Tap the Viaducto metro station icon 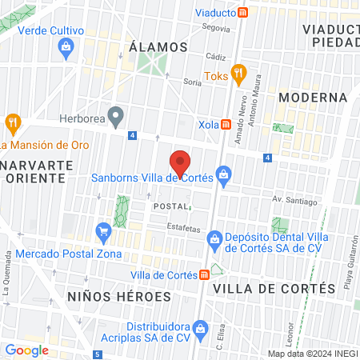254,13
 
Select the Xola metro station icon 226,125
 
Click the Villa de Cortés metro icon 205,274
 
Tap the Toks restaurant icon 238,74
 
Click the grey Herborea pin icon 116,117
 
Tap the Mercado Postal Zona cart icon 103,232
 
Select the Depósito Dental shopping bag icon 214,238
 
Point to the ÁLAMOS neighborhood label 158,48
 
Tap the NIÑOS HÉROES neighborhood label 119,296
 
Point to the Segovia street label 216,28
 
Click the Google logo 27,350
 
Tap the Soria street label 192,82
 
